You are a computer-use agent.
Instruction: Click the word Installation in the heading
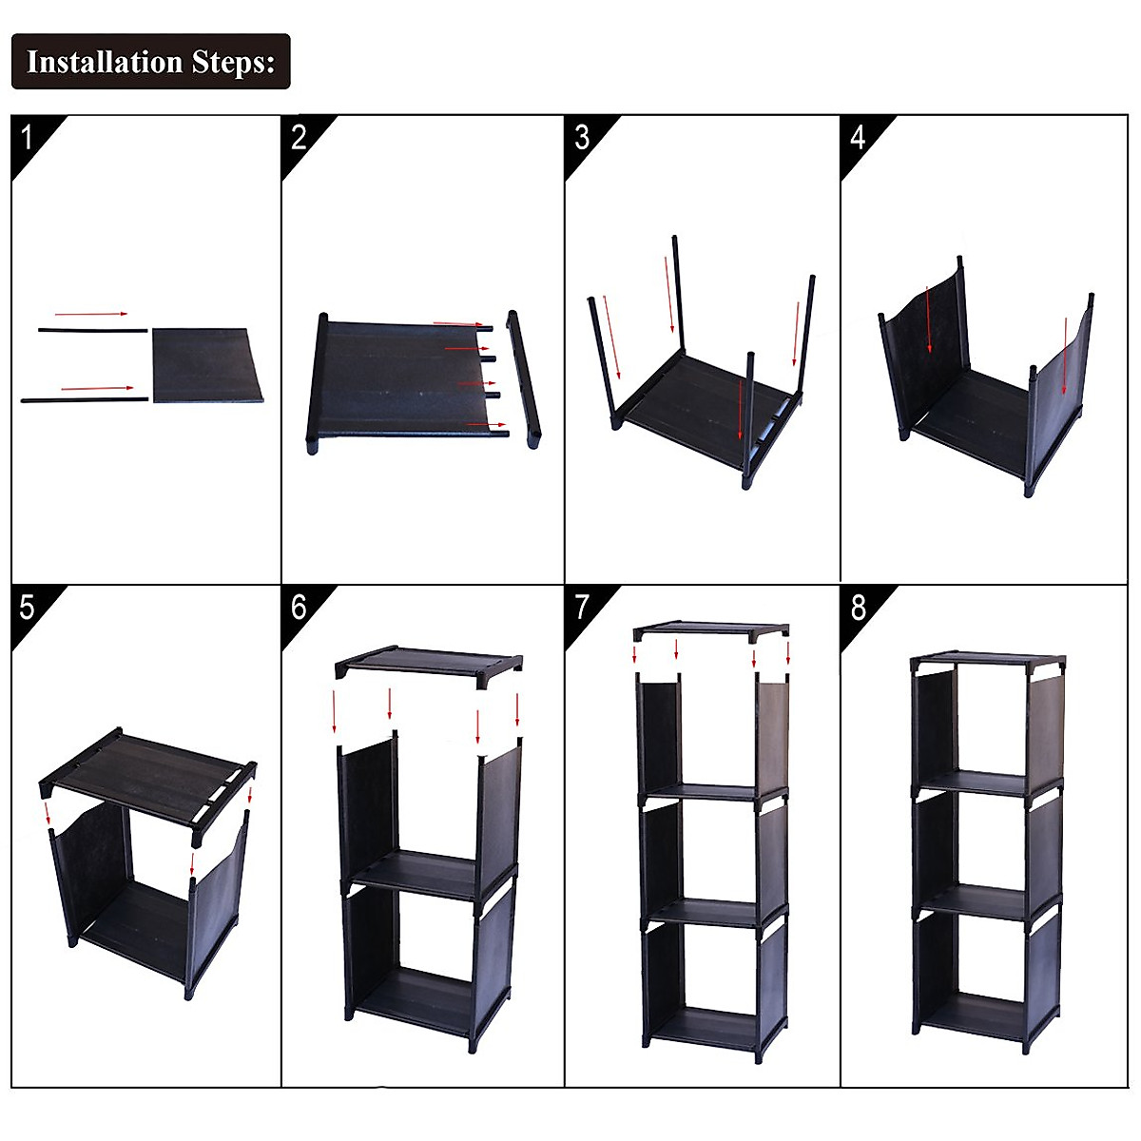[105, 62]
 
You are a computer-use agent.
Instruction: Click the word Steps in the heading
[232, 62]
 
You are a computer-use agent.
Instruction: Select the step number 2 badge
[299, 137]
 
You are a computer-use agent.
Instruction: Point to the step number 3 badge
[582, 137]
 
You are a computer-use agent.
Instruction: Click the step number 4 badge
[858, 137]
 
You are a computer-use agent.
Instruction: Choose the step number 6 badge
[299, 607]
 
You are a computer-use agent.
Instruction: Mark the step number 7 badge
[582, 607]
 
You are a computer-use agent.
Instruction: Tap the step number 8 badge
[858, 607]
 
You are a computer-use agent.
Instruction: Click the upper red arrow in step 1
[90, 313]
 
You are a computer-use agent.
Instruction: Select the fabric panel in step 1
[206, 365]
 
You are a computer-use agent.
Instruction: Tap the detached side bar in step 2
[523, 377]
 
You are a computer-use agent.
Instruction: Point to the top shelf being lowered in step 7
[711, 629]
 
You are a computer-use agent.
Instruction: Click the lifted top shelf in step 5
[147, 770]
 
